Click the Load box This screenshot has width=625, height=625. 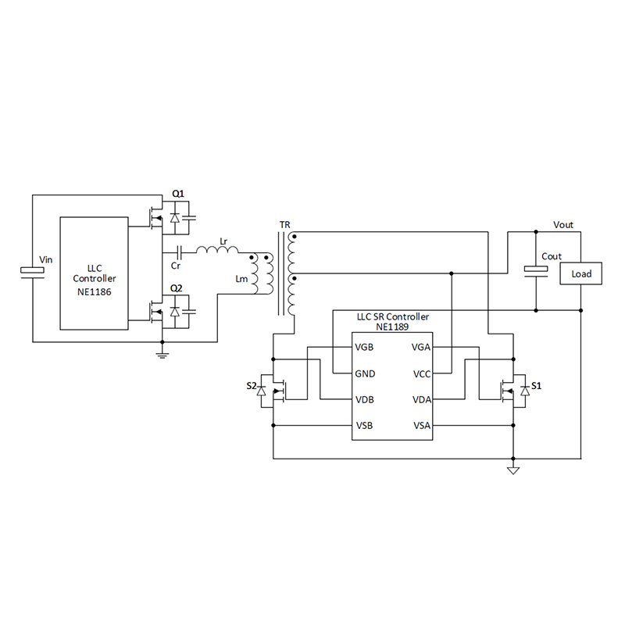[581, 274]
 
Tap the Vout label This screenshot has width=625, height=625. [562, 225]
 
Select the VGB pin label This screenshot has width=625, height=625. [365, 347]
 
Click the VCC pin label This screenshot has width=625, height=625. [422, 373]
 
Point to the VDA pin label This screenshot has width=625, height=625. [422, 400]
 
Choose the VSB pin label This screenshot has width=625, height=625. [364, 426]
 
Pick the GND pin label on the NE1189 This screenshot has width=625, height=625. [365, 373]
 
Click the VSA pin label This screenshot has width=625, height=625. [422, 426]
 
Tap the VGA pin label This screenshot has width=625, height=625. [422, 347]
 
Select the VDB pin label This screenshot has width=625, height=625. [365, 400]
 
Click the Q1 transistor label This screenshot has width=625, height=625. [177, 194]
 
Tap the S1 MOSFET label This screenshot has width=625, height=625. [536, 386]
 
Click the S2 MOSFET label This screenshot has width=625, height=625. [252, 386]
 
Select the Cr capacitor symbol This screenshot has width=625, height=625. [180, 252]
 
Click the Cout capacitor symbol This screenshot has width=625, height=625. [536, 270]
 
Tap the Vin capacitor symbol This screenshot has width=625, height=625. [33, 270]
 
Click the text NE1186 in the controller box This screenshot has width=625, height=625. [95, 291]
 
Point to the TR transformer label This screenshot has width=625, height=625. [284, 225]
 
